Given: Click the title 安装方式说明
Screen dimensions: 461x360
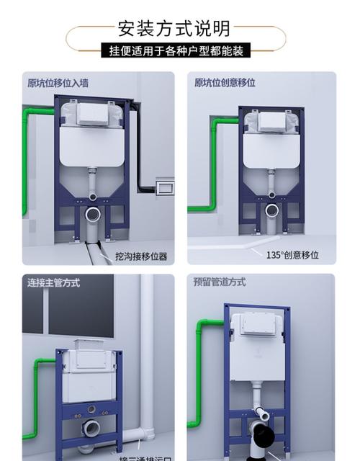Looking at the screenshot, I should (x=175, y=28).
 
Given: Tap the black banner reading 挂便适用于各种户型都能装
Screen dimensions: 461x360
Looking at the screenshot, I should (x=176, y=51).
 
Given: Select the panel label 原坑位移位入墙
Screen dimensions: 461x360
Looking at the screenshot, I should (x=58, y=83).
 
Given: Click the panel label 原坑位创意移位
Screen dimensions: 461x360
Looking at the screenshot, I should (x=225, y=83).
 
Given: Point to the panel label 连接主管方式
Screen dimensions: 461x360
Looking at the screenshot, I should (x=53, y=283).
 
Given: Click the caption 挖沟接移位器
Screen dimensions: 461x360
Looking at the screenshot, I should (x=141, y=256).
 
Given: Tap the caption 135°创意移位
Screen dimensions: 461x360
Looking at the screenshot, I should (x=292, y=255).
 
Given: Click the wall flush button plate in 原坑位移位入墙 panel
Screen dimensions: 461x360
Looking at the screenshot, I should (x=165, y=187).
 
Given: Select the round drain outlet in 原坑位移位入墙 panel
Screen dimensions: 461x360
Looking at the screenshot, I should (x=93, y=214).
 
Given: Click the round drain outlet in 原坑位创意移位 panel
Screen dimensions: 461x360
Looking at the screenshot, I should (x=271, y=211).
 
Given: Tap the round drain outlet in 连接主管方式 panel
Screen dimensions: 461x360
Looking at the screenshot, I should (x=91, y=427).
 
